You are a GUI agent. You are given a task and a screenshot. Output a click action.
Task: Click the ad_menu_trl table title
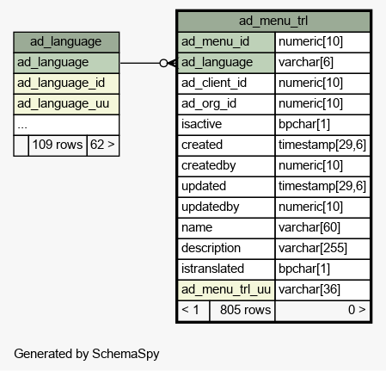(273, 21)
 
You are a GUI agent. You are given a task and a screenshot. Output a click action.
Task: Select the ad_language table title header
(66, 42)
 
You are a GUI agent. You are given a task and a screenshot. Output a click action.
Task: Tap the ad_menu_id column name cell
(226, 42)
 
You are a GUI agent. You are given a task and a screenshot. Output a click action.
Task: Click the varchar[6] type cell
(322, 63)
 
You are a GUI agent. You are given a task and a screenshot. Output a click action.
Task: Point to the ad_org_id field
(226, 104)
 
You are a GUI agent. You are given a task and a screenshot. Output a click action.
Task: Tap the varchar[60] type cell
(322, 228)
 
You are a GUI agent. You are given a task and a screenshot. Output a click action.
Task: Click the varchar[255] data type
(322, 249)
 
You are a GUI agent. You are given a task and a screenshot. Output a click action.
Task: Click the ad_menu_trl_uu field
(226, 290)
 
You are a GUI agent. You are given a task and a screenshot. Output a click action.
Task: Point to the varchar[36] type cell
(322, 290)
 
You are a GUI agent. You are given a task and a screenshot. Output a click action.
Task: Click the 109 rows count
(58, 145)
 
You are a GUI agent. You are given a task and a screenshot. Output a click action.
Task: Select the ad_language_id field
(66, 83)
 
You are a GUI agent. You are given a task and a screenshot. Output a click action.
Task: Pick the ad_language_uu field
(66, 104)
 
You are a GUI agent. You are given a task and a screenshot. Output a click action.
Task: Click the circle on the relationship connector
(163, 63)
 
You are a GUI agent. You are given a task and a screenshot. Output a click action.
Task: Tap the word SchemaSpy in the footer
(126, 354)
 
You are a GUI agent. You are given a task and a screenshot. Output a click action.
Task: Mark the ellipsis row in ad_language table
(66, 125)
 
